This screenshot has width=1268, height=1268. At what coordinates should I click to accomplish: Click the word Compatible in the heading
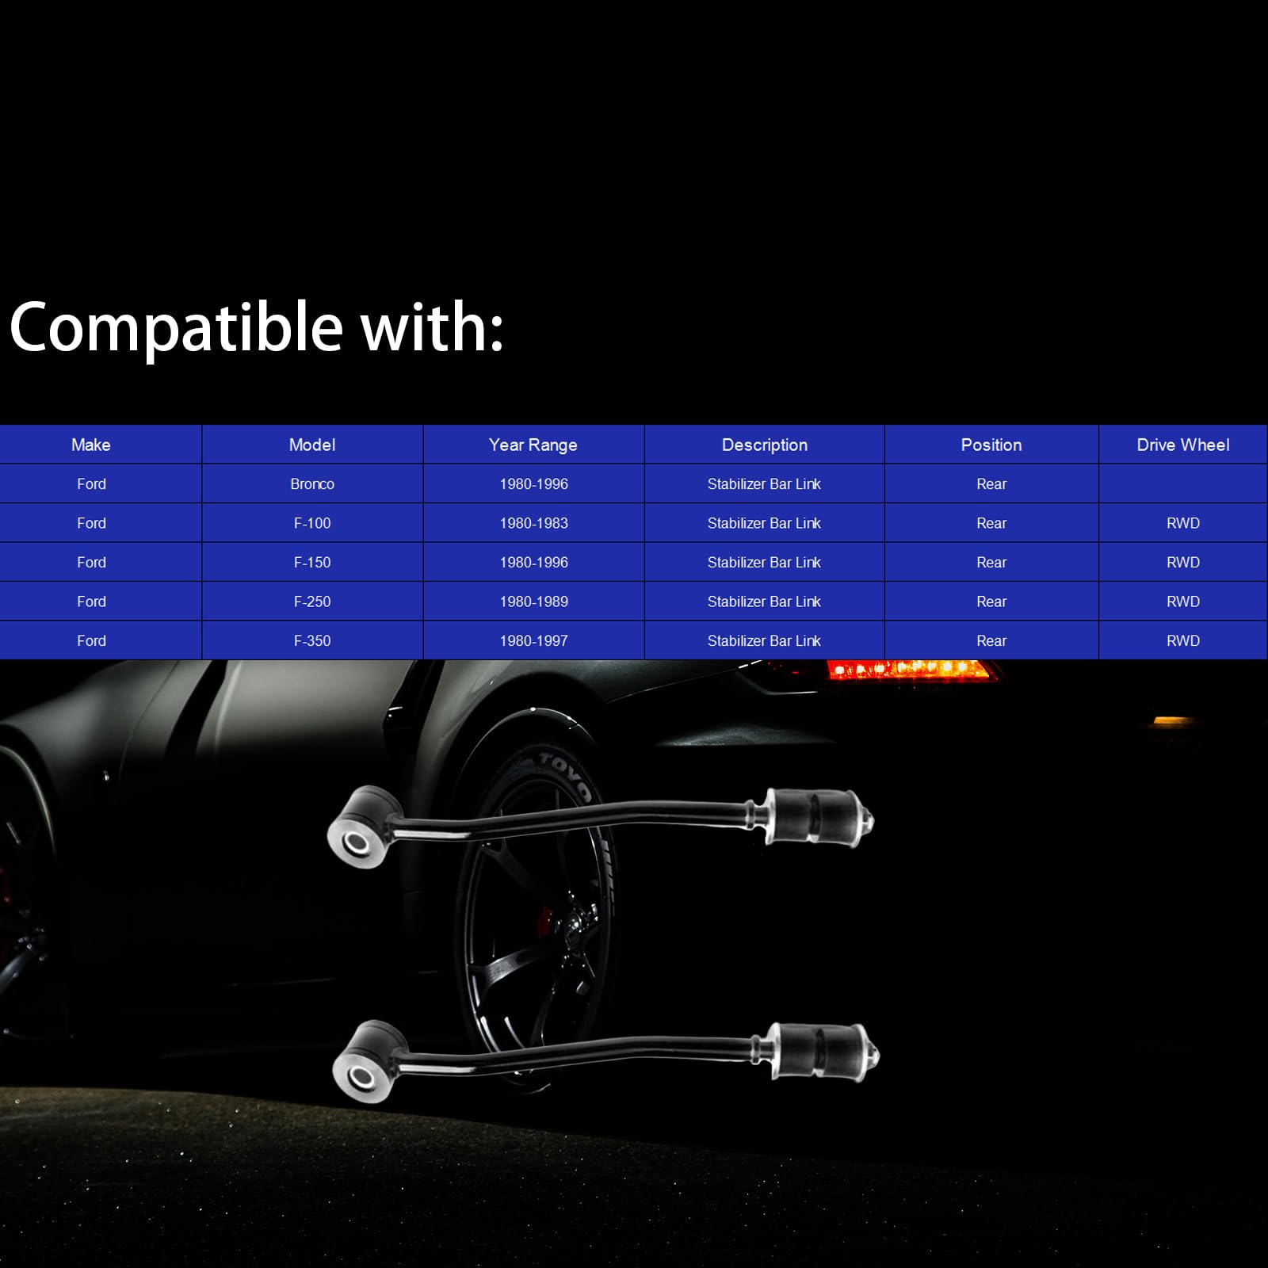pyautogui.click(x=176, y=328)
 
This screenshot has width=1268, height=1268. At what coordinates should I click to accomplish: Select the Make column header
pyautogui.click(x=91, y=445)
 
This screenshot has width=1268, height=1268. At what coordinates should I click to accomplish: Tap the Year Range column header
pyautogui.click(x=533, y=445)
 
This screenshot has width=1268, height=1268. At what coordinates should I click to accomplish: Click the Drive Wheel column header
pyautogui.click(x=1183, y=445)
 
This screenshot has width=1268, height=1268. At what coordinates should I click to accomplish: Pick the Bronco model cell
pyautogui.click(x=312, y=483)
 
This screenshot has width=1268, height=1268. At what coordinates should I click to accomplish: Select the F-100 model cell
pyautogui.click(x=312, y=523)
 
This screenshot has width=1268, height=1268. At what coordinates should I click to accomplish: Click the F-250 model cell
pyautogui.click(x=312, y=602)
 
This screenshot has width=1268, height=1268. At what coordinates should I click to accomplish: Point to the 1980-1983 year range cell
pyautogui.click(x=533, y=523)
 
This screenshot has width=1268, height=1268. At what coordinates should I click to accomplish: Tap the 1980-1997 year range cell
pyautogui.click(x=533, y=640)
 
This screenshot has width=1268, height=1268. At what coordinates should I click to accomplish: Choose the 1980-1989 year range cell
pyautogui.click(x=533, y=602)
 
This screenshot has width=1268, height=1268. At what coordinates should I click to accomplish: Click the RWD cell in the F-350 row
pyautogui.click(x=1183, y=640)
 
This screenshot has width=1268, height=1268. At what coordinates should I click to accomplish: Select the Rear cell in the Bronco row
pyautogui.click(x=991, y=483)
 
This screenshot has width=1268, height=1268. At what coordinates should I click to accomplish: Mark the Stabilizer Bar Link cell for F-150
pyautogui.click(x=764, y=562)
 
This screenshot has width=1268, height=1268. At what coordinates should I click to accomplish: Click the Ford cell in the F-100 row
pyautogui.click(x=91, y=523)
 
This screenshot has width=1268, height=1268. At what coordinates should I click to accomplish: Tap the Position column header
pyautogui.click(x=991, y=445)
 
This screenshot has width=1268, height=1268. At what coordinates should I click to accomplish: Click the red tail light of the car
pyautogui.click(x=908, y=670)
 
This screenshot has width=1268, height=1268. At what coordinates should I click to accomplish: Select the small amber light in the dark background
pyautogui.click(x=1172, y=721)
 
